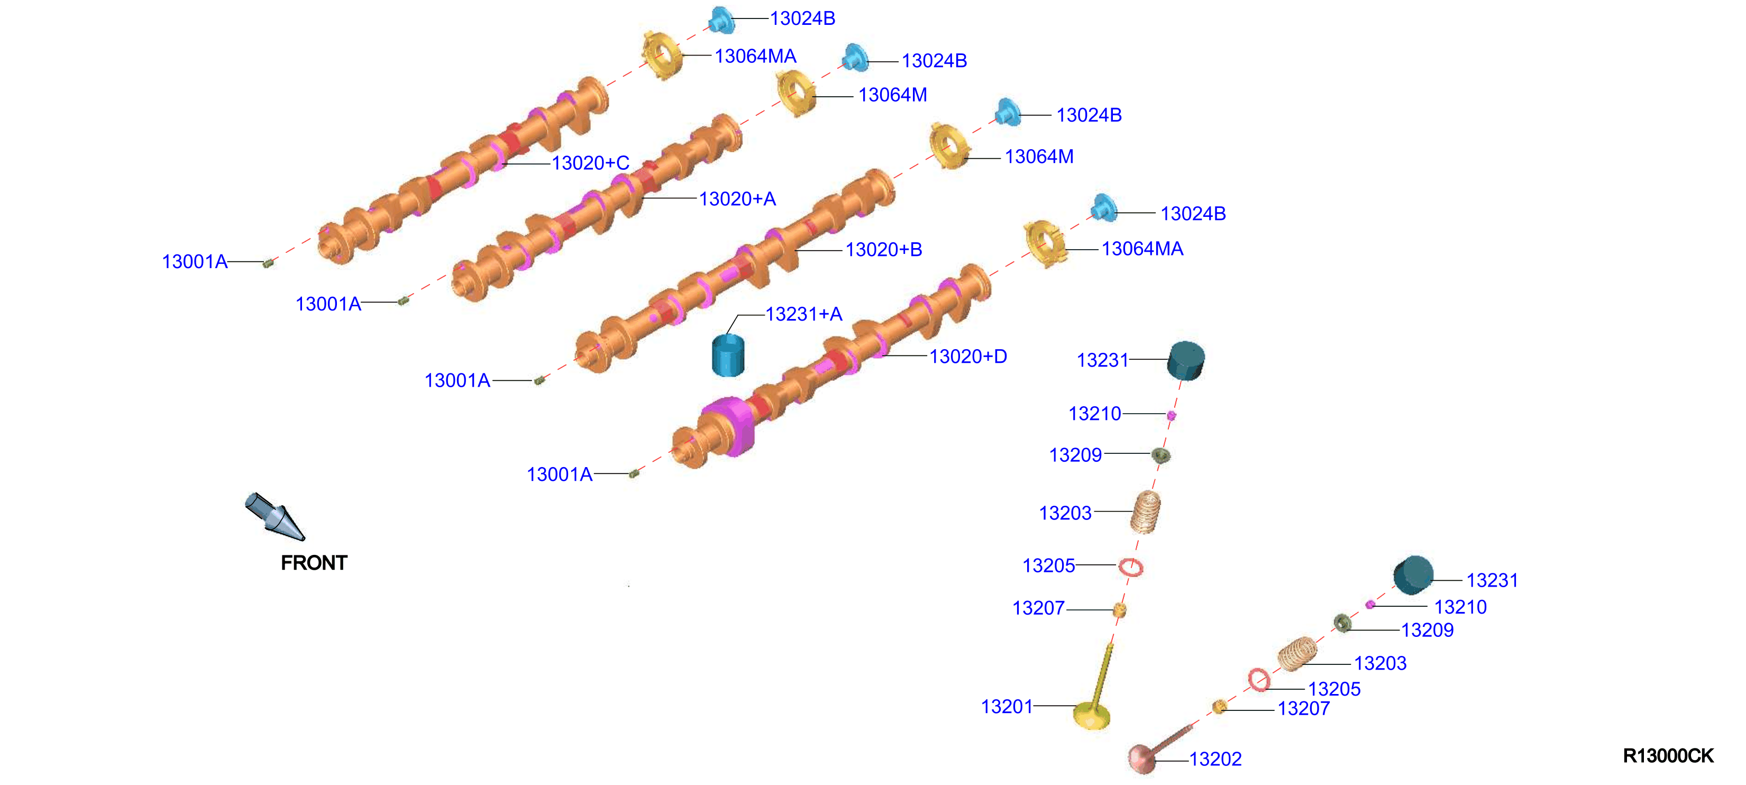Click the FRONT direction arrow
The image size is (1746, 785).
coord(275,517)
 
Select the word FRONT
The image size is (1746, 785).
coord(314,563)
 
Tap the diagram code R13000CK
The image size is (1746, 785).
coord(1668,755)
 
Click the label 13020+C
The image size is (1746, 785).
coord(590,163)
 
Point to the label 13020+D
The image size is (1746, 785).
coord(968,356)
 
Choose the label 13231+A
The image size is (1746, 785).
coord(804,314)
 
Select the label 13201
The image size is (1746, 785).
coord(1007,706)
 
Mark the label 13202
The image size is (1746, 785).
coord(1215,759)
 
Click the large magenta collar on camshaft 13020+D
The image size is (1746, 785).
coord(729,426)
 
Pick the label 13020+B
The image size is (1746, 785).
coord(884,250)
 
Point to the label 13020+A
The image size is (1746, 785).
coord(737,198)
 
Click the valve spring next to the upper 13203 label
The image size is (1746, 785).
coord(1146,512)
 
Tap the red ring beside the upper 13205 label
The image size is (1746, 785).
coord(1130,567)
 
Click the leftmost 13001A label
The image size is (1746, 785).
coord(195,262)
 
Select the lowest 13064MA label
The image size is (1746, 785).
coord(1142,249)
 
